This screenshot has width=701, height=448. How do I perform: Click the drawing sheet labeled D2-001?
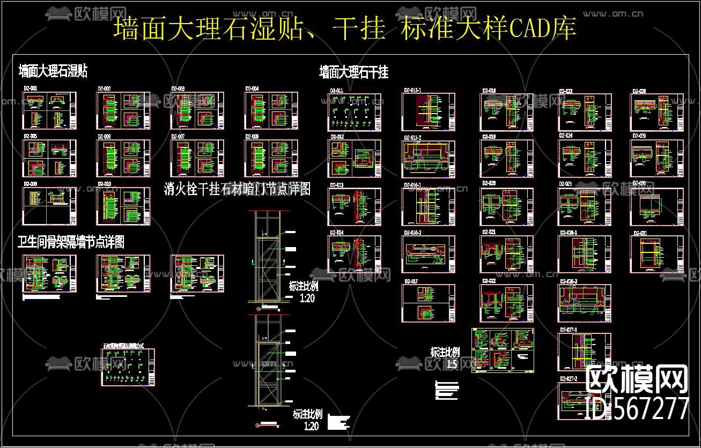click(x=49, y=111)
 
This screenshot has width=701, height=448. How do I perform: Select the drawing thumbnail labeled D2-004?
click(x=271, y=111)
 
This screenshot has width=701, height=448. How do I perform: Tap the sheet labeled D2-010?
click(x=123, y=206)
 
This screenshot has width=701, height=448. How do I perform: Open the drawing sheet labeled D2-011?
click(x=355, y=113)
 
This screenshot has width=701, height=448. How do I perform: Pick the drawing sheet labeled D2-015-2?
click(x=429, y=159)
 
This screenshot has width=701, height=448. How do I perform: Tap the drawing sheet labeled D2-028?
click(x=657, y=113)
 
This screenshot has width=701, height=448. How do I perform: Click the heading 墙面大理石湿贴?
click(x=53, y=71)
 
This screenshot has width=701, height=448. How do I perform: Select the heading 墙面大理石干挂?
click(x=353, y=72)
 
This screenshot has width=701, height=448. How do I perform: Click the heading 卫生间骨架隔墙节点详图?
click(x=71, y=242)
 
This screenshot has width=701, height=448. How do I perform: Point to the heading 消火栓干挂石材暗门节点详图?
click(x=237, y=189)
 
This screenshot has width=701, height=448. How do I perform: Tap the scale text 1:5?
click(x=452, y=364)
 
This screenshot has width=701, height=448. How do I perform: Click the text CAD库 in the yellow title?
click(x=542, y=28)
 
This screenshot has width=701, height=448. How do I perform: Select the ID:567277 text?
click(x=638, y=409)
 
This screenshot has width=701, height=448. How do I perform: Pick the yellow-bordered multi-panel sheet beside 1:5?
click(x=503, y=350)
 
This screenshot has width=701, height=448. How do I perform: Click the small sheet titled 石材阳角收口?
click(x=129, y=367)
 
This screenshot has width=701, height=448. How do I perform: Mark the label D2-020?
click(x=489, y=183)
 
